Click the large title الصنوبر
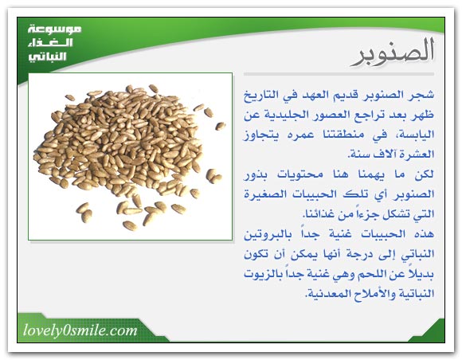coord(393,52)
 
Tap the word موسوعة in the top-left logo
coord(55,29)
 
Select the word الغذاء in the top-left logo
coord(50,43)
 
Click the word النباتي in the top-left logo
coord(48,57)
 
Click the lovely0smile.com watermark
coord(80,331)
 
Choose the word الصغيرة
coord(262,194)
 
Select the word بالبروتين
coord(268,235)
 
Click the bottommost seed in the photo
coord(130,225)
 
